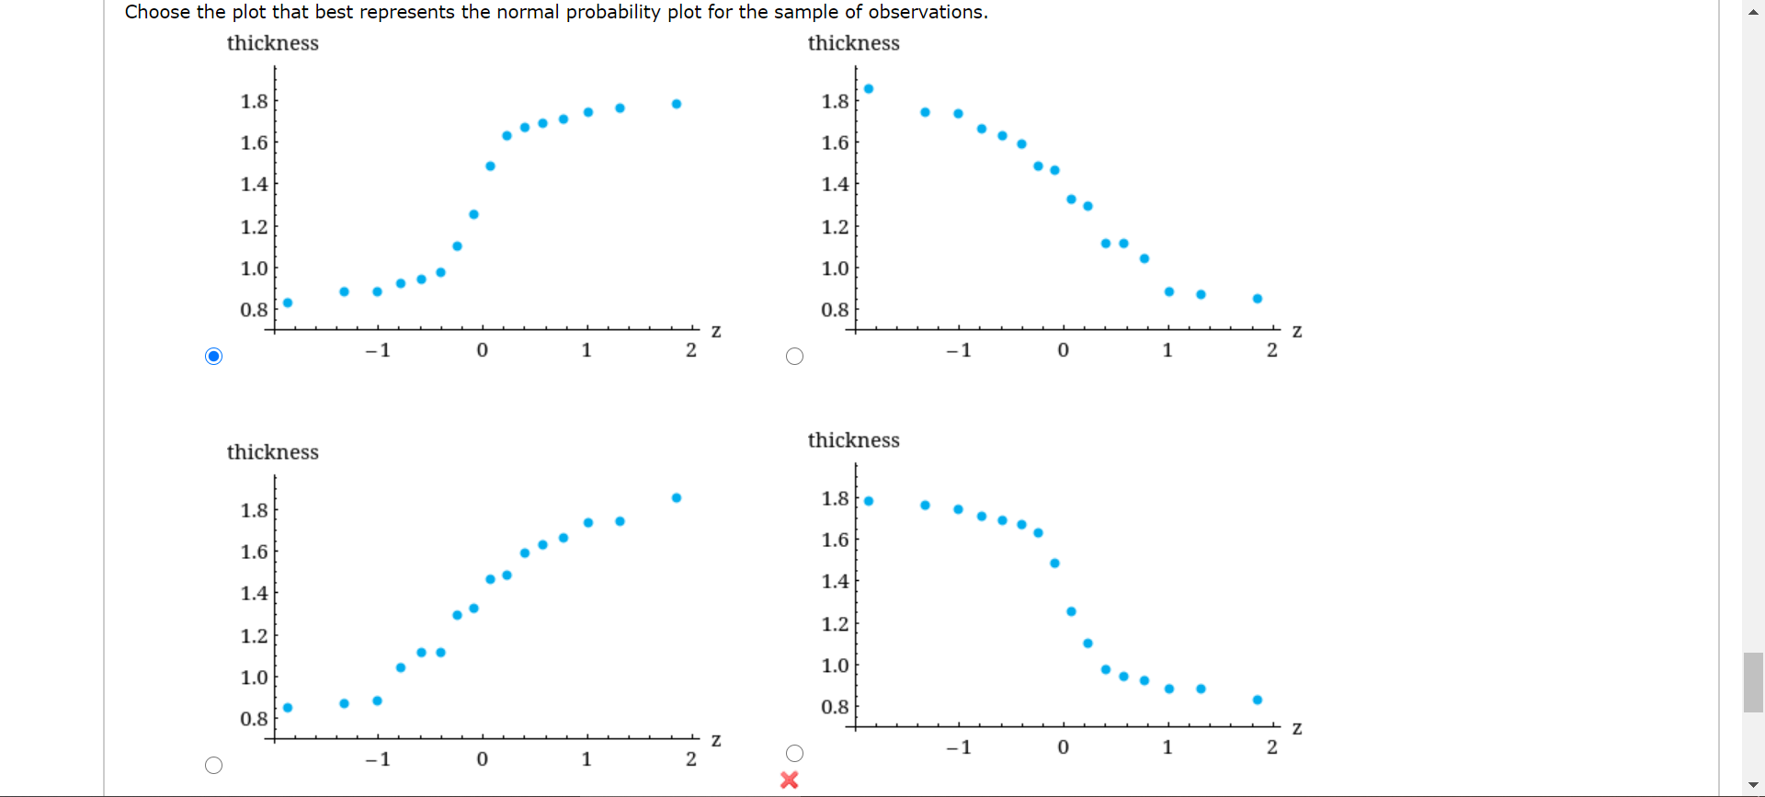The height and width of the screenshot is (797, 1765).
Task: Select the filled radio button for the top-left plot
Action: coord(214,356)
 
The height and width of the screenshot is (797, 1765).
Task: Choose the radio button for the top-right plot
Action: coord(795,356)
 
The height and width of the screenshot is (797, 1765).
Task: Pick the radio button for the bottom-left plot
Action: coord(214,765)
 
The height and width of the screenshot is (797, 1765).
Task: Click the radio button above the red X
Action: coord(795,753)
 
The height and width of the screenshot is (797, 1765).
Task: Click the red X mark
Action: coord(789,780)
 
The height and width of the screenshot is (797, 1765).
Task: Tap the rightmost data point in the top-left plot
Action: coord(677,104)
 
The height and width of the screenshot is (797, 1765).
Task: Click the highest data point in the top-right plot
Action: coord(869,89)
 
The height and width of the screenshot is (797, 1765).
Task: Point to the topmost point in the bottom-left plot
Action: coord(677,497)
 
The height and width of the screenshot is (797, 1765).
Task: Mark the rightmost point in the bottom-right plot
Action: coord(1258,700)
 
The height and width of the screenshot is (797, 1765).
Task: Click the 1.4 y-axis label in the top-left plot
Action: coord(254,184)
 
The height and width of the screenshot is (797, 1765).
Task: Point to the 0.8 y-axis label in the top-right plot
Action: coord(835,310)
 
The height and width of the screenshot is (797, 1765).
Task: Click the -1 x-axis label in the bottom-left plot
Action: coord(378,759)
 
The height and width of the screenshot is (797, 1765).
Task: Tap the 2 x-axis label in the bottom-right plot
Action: coord(1272,747)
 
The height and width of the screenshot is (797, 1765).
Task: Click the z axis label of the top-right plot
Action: coord(1297,331)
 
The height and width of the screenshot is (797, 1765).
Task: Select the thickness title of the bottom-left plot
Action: coord(273,452)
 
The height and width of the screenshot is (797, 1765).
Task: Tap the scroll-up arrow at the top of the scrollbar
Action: coord(1753,11)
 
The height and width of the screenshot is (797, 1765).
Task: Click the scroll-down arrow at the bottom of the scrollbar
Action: coord(1753,784)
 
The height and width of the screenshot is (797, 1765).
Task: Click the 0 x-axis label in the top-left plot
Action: coord(483,350)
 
